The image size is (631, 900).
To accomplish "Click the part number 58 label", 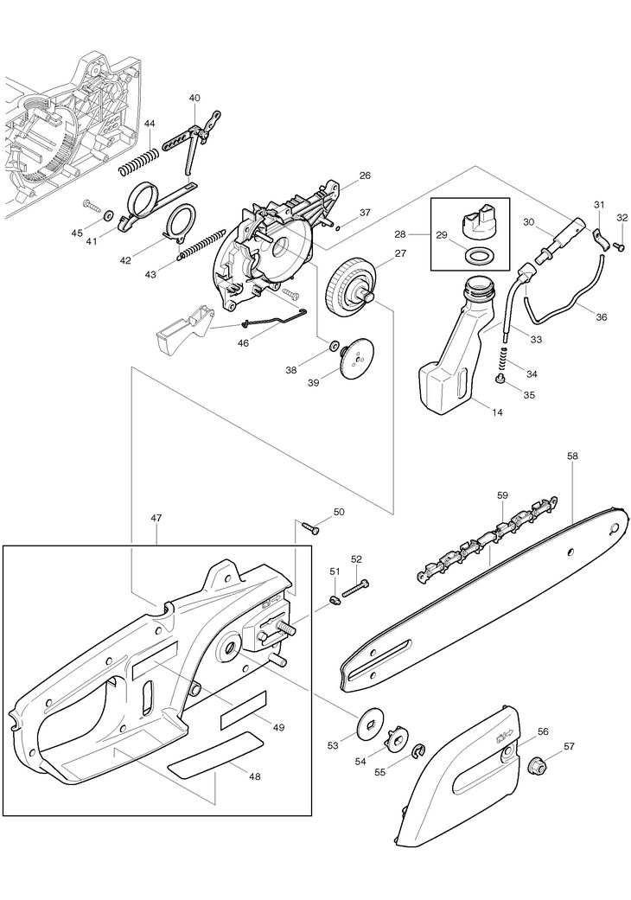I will (x=572, y=455).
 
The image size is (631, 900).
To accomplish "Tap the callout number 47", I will (x=156, y=518).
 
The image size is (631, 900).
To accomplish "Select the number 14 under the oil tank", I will (x=497, y=412).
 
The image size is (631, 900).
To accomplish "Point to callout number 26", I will (x=365, y=176).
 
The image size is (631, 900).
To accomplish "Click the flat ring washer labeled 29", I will (x=476, y=255).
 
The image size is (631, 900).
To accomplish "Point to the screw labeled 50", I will (x=311, y=527).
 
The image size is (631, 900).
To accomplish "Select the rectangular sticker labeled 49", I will (x=244, y=711).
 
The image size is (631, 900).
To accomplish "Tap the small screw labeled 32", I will (x=619, y=246).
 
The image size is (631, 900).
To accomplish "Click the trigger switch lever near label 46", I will (x=182, y=328).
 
